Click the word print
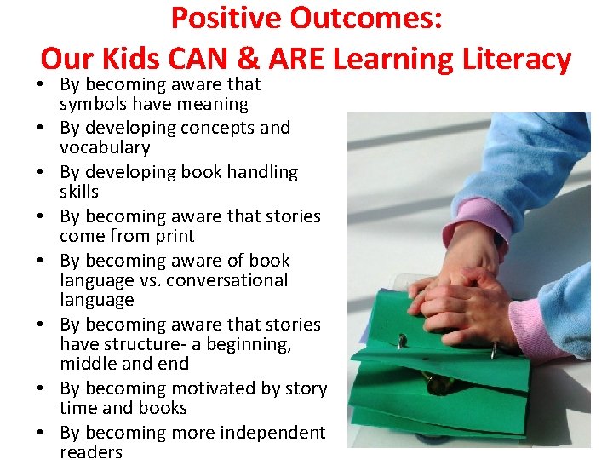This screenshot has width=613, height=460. (174, 236)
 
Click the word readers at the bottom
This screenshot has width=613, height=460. (91, 452)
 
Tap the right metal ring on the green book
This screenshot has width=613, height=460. (494, 349)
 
